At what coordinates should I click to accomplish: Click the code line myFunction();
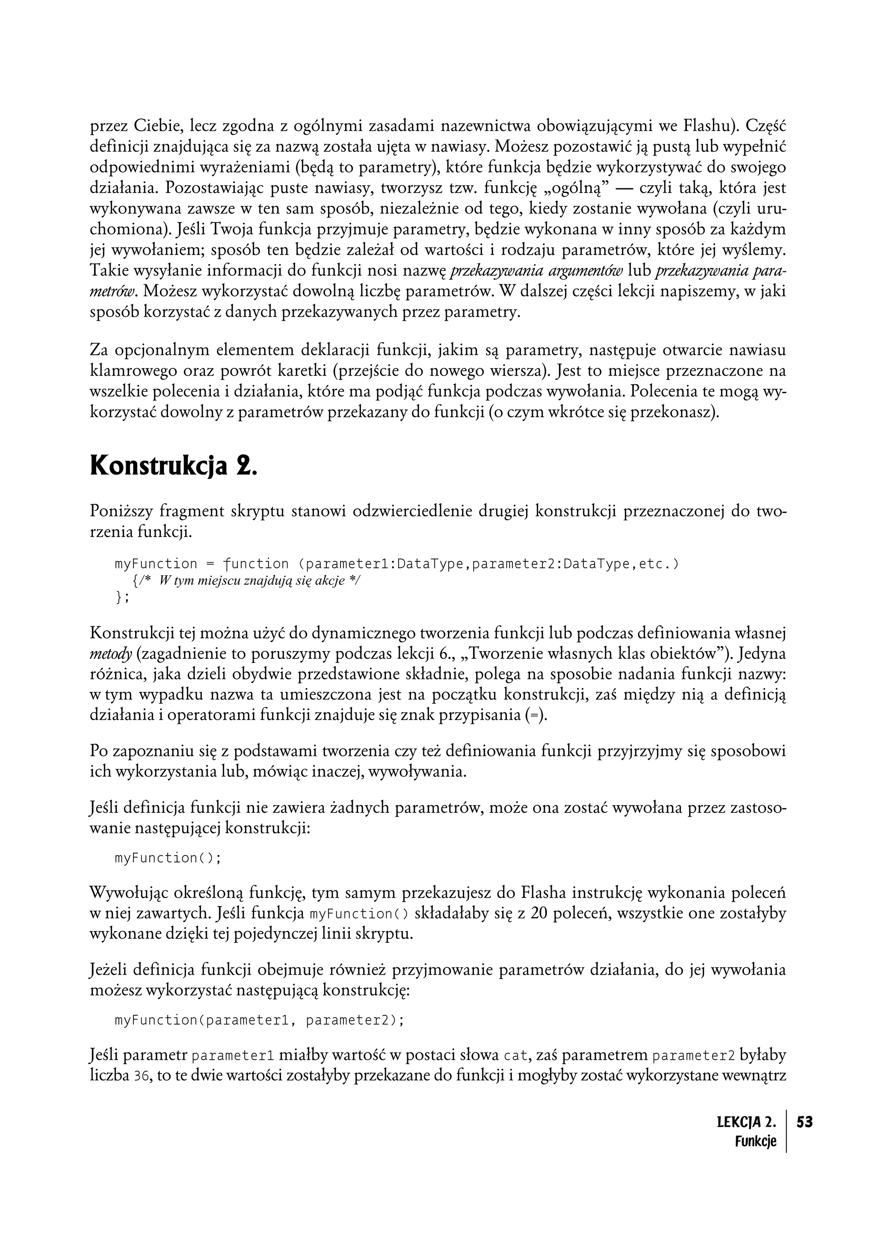168,858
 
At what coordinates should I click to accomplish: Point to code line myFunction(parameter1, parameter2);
259,1020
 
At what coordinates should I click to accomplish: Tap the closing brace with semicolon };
122,597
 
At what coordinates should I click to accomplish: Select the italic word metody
111,655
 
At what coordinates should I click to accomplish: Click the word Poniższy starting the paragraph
124,511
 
